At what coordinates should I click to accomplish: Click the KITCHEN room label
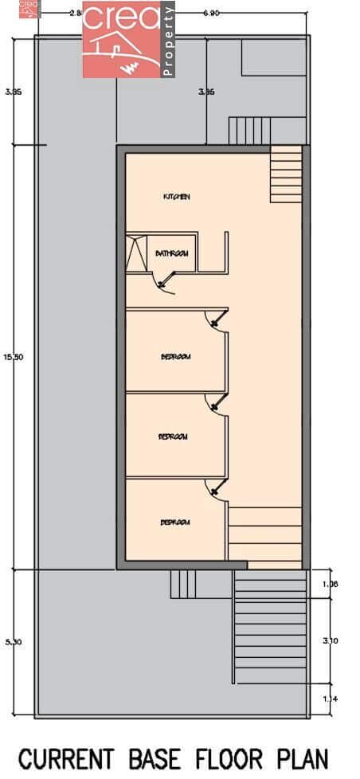click(x=176, y=197)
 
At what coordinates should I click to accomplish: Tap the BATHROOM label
click(x=171, y=254)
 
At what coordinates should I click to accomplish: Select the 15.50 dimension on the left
click(x=14, y=357)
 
